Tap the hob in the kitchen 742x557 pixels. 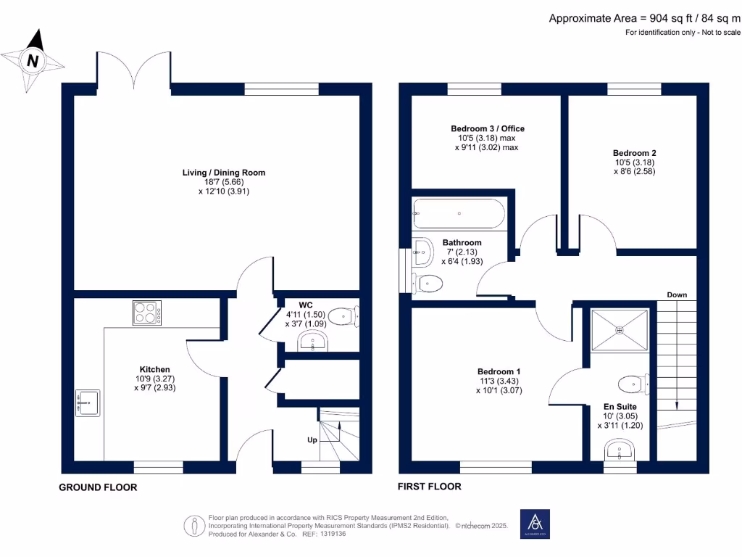click(147, 313)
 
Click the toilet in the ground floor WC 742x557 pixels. click(343, 316)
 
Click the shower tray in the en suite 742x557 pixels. click(620, 331)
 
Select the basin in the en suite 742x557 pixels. click(620, 452)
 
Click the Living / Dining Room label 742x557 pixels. click(223, 173)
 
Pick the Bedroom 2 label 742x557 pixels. click(634, 153)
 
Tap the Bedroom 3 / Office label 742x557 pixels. click(487, 128)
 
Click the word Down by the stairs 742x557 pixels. click(677, 294)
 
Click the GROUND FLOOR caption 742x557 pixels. click(98, 487)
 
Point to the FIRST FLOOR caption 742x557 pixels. click(430, 487)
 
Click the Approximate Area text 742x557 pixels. click(644, 18)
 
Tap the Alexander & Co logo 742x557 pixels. click(535, 524)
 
